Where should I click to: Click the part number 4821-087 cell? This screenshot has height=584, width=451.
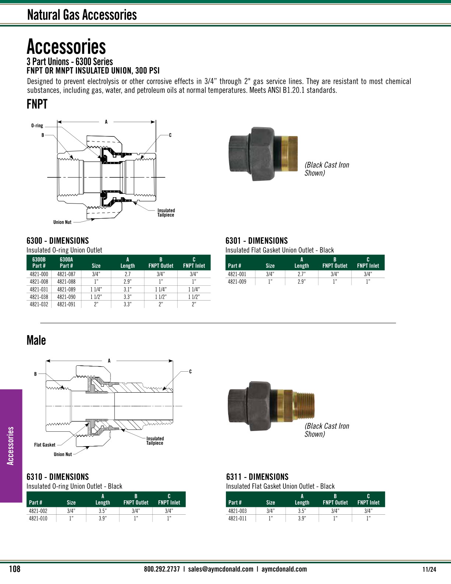point(66,274)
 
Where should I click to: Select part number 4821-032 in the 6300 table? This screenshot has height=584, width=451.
point(39,305)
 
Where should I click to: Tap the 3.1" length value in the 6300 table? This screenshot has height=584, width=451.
point(127,289)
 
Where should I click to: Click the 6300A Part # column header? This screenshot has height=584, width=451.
point(66,263)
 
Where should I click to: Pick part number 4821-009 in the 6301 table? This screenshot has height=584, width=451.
point(237,282)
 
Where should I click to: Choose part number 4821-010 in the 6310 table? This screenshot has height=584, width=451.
point(38,518)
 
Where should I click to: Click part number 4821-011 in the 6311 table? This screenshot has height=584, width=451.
point(237,518)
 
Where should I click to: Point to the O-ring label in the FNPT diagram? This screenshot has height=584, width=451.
point(37,126)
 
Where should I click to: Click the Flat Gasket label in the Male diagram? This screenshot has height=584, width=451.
point(45,445)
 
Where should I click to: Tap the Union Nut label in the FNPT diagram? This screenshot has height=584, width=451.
point(62,222)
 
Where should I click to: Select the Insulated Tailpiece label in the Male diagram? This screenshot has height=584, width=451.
point(155,441)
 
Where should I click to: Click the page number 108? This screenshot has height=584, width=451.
point(14,569)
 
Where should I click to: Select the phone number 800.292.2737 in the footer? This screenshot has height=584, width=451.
point(162,569)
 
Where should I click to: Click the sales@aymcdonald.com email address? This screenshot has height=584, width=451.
point(220,569)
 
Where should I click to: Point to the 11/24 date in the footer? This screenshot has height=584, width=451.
point(429,569)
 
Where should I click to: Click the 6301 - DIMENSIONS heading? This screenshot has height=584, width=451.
point(256,241)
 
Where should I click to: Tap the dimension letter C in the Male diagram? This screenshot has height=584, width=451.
point(190,372)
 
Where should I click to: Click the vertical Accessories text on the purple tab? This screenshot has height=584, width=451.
point(11,446)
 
